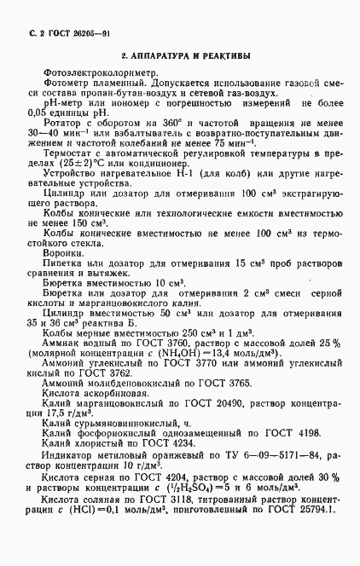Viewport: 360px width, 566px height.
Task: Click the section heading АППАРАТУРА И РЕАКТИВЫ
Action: coord(185,56)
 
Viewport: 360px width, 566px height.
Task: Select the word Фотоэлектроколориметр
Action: coord(95,75)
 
